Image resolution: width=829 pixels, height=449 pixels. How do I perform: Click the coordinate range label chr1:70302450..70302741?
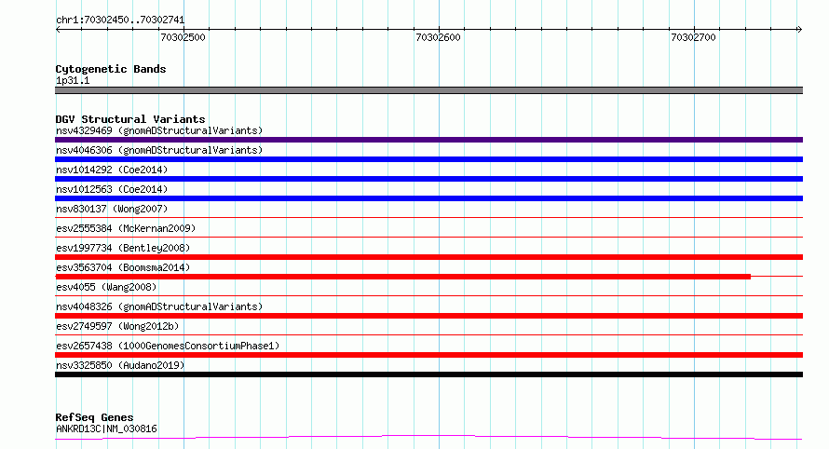(120, 20)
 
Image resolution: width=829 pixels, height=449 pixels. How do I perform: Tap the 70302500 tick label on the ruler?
(183, 37)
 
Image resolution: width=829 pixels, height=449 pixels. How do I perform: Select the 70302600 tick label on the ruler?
(439, 37)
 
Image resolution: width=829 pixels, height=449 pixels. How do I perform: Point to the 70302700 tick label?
(693, 37)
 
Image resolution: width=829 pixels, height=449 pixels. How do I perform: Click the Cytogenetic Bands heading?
(111, 69)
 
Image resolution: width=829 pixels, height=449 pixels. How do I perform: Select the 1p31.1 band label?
(73, 80)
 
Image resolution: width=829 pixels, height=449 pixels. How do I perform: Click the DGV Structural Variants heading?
(130, 119)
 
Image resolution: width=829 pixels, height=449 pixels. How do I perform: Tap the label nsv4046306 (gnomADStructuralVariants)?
(159, 150)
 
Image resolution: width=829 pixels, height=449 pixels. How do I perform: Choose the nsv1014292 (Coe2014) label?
(112, 170)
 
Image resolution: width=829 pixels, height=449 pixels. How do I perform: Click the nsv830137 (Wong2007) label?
(112, 209)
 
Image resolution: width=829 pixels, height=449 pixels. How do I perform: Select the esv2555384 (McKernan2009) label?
(126, 228)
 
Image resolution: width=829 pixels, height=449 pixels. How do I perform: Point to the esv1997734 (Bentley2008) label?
(123, 248)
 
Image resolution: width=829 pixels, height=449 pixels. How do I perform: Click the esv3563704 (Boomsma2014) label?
(123, 267)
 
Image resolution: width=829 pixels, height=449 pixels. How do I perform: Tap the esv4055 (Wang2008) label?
(106, 287)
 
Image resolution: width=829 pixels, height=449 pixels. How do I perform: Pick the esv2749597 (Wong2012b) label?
(117, 326)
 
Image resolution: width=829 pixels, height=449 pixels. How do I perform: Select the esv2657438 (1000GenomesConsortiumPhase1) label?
(168, 346)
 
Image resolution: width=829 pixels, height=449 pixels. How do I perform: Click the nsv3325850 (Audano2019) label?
(120, 365)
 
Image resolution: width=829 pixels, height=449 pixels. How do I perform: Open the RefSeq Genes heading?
(94, 417)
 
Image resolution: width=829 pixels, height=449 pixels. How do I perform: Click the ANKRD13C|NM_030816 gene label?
(106, 429)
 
